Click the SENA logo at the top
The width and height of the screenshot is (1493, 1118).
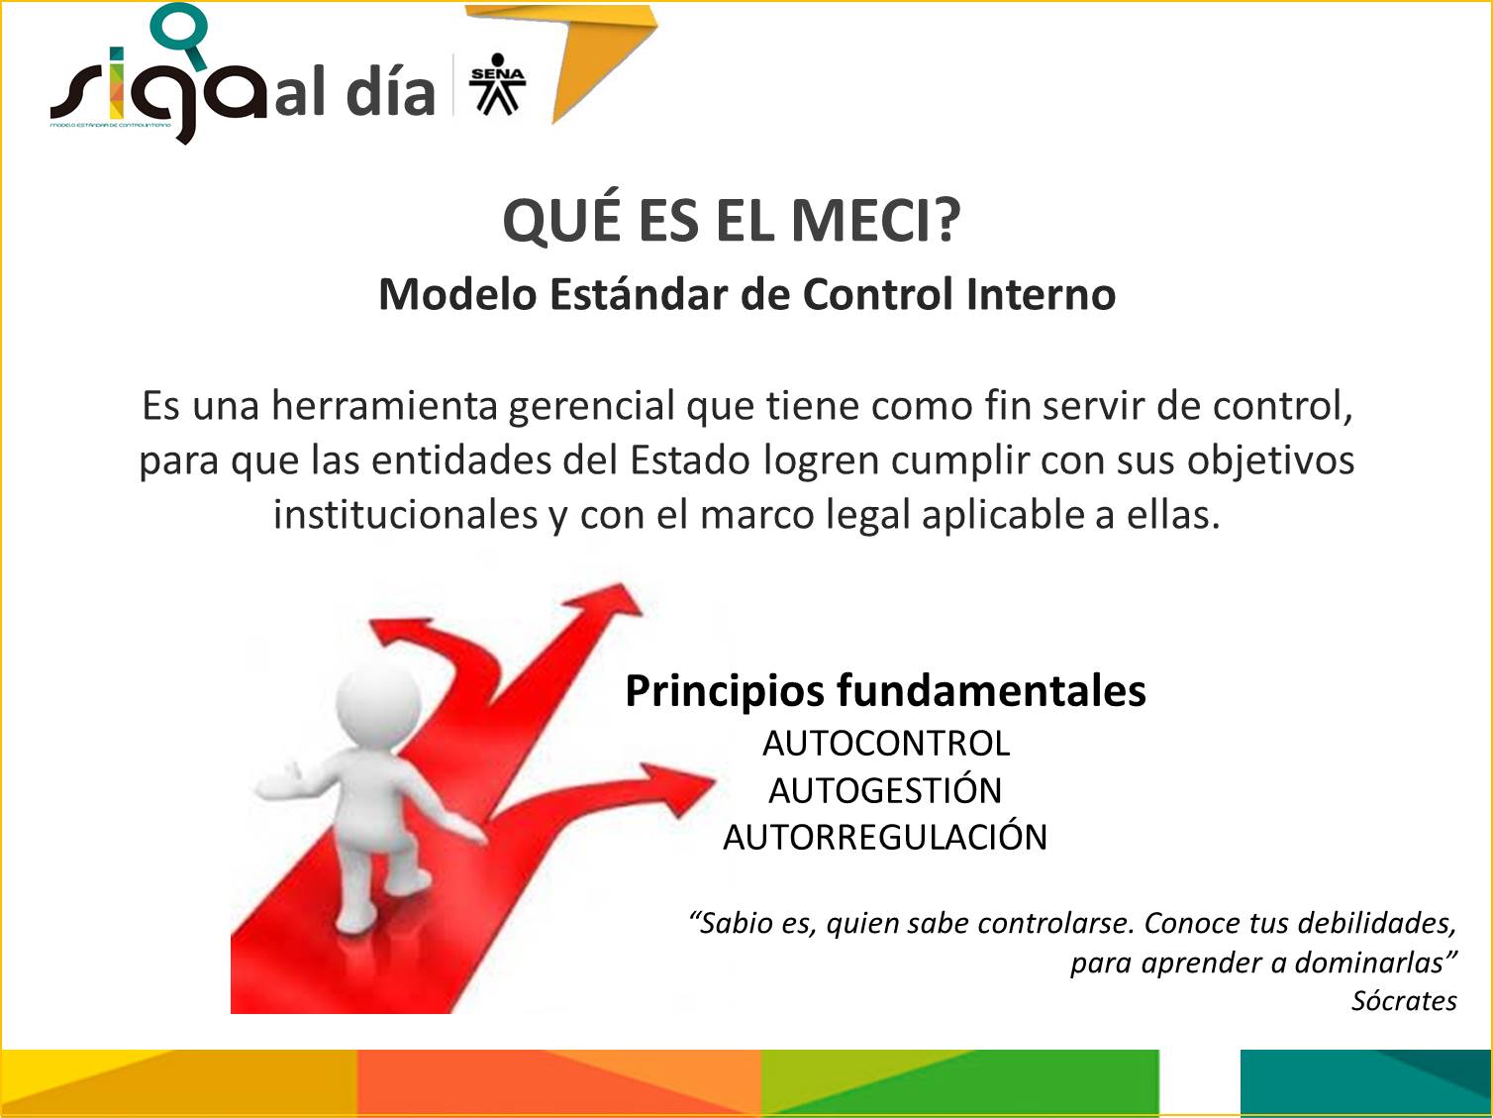497,85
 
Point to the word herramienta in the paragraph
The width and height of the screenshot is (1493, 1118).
384,406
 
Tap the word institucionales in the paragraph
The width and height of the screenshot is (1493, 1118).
405,515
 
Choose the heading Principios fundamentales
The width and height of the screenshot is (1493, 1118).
885,690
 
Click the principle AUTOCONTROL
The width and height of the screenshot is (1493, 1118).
885,744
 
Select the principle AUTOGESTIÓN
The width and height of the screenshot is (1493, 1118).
885,790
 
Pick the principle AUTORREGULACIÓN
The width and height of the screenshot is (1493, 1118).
885,837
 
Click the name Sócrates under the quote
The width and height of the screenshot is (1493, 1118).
1404,1001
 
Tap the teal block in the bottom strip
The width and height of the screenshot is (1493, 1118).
1364,1082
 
